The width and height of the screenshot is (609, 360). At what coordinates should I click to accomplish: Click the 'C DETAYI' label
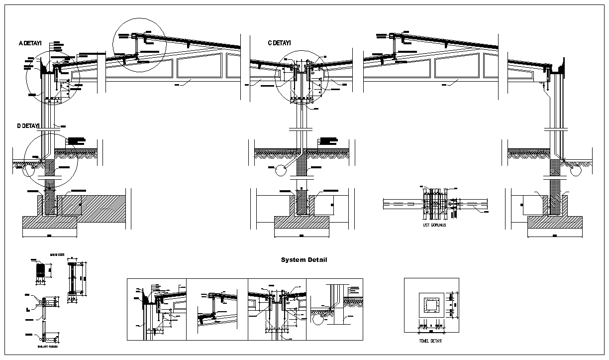(279, 43)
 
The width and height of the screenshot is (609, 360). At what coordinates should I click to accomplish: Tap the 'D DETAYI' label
(28, 126)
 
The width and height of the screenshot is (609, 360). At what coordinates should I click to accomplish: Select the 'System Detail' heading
(304, 260)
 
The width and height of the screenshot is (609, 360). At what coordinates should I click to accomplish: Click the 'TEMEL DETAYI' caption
(431, 341)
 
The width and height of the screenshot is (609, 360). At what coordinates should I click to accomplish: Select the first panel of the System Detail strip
(157, 309)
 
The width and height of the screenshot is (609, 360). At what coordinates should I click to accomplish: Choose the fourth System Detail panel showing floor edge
(334, 309)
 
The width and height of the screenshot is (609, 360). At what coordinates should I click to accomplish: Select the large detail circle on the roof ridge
(139, 45)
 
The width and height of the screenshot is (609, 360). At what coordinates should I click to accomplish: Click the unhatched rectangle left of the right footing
(532, 205)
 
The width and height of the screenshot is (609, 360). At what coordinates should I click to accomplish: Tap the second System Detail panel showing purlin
(217, 309)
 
